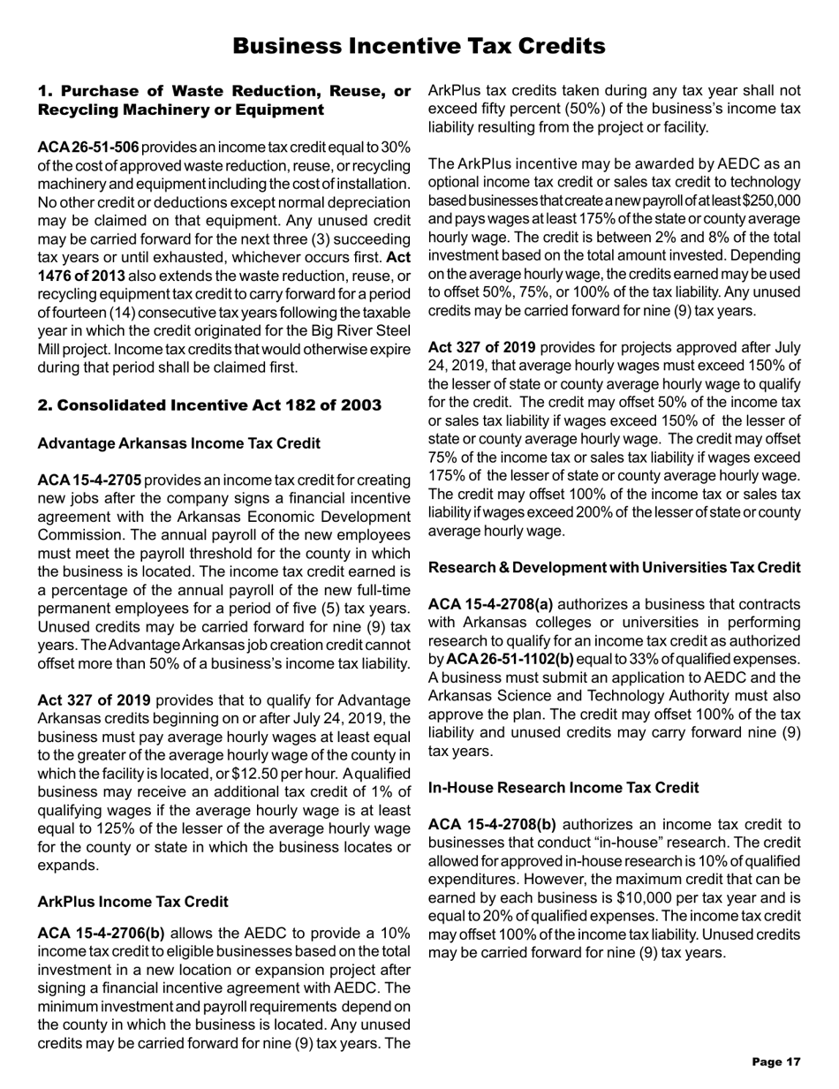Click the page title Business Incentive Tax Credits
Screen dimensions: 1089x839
[x=419, y=45]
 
